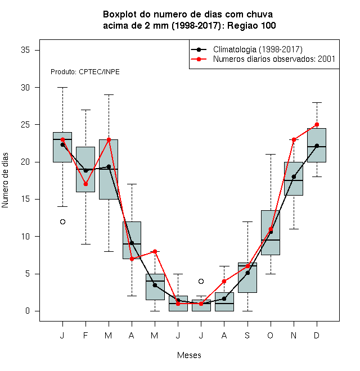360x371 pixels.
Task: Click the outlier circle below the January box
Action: click(x=62, y=221)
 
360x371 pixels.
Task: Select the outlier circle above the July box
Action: click(x=201, y=281)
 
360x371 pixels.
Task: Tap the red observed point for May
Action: click(x=155, y=251)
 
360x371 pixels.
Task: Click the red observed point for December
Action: click(x=317, y=124)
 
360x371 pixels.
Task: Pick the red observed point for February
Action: click(x=85, y=184)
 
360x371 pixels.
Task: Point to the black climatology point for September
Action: click(x=247, y=273)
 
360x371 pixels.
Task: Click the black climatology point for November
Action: click(x=294, y=177)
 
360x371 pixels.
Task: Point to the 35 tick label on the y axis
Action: click(x=25, y=50)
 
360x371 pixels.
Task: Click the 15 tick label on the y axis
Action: click(x=25, y=199)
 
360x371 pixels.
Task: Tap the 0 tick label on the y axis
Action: click(x=28, y=311)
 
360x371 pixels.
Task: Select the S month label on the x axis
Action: click(x=247, y=335)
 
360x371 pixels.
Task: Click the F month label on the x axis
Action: click(x=85, y=335)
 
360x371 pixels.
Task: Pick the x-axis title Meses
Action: click(x=189, y=355)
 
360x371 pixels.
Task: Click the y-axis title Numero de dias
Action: click(x=5, y=180)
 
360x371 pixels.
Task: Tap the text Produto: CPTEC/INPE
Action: click(x=85, y=72)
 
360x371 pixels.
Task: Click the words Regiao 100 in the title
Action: click(x=251, y=25)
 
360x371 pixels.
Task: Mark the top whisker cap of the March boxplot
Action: click(x=109, y=94)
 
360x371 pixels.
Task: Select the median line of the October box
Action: click(x=271, y=240)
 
